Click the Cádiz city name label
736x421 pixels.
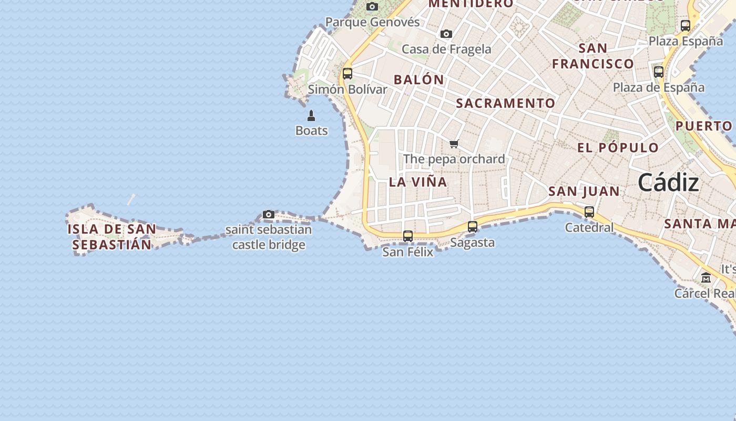(668, 183)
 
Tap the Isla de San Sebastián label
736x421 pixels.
(112, 237)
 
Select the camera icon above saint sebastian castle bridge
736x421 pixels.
(269, 215)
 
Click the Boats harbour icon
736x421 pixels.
(311, 116)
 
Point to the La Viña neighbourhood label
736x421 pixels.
(418, 182)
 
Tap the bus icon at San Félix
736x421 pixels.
(408, 236)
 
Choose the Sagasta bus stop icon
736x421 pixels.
(473, 227)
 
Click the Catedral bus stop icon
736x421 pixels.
(589, 212)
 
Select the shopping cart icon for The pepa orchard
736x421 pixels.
(454, 144)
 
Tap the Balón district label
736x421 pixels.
(419, 80)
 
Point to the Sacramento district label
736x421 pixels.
(505, 103)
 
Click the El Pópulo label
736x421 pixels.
(618, 148)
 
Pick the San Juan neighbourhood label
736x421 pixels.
(584, 192)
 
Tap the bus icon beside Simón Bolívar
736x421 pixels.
(347, 74)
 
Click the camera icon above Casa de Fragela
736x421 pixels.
(446, 34)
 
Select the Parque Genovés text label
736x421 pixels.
(372, 22)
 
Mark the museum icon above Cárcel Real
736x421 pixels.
(706, 278)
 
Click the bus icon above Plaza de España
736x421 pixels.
(659, 72)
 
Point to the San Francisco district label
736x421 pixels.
(593, 56)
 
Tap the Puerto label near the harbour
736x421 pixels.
(704, 126)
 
